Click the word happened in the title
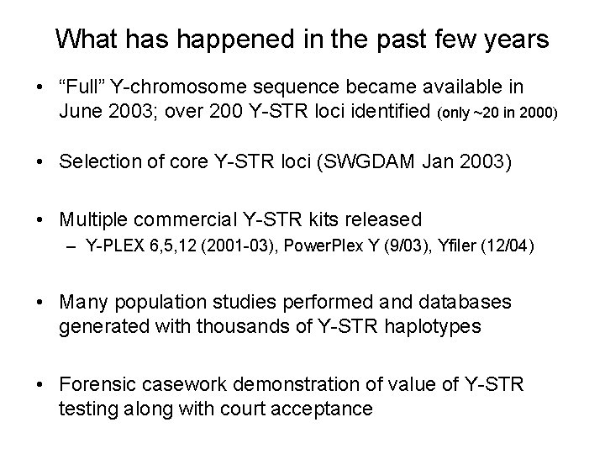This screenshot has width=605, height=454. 216,40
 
